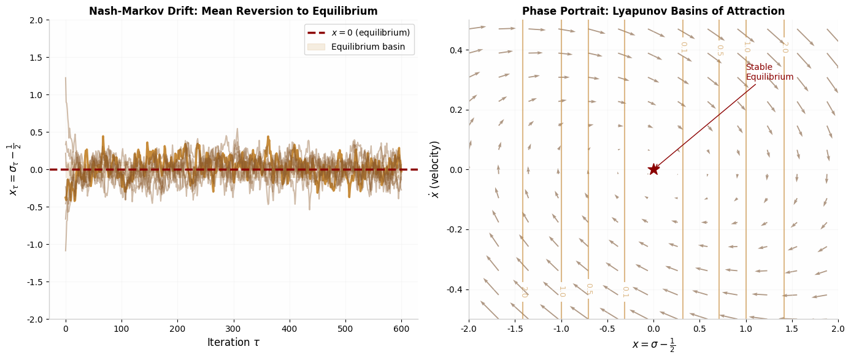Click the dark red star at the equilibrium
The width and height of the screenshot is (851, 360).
[x=653, y=169]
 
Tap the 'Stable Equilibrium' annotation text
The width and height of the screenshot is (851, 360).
[x=769, y=72]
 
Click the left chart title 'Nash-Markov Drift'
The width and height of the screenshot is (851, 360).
[x=233, y=11]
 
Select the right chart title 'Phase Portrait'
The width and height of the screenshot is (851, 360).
[x=653, y=11]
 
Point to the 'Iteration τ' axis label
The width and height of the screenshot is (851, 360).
[x=233, y=343]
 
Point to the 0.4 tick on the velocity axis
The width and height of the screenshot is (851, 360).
[x=456, y=50]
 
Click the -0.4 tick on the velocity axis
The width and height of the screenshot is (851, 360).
[x=454, y=289]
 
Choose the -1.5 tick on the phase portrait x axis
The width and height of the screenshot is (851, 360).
[x=514, y=328]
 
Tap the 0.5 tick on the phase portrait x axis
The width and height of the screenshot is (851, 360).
[x=699, y=328]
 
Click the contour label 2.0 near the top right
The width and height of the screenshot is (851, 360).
[x=784, y=47]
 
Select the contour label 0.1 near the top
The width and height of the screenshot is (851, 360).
[x=683, y=47]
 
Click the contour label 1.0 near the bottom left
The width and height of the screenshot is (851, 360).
[x=561, y=291]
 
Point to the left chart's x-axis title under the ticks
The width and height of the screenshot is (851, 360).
[x=233, y=343]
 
